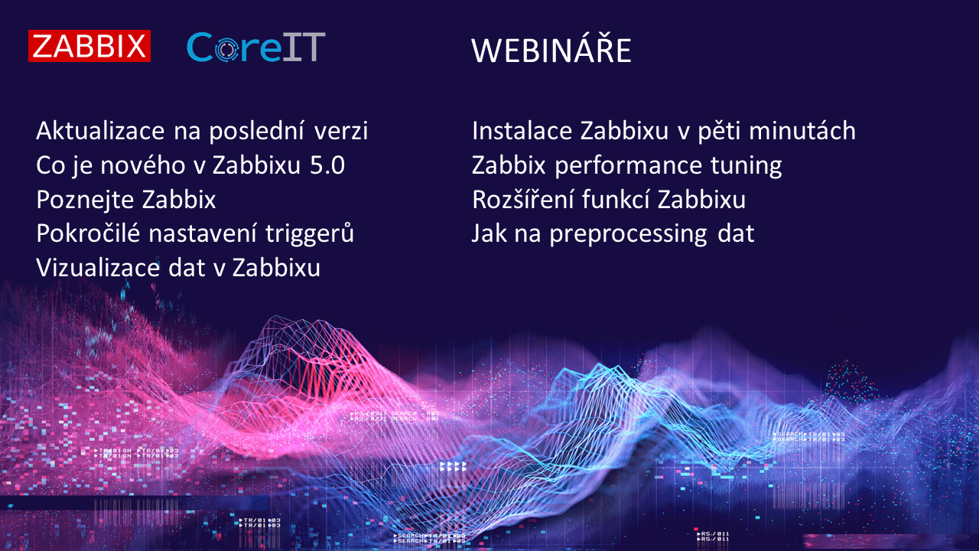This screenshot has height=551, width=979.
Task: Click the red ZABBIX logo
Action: [89, 46]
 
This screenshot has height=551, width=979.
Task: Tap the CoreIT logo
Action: [256, 47]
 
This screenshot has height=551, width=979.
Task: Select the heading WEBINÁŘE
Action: [551, 51]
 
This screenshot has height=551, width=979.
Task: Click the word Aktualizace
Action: [100, 131]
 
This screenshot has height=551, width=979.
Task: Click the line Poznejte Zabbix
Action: [126, 200]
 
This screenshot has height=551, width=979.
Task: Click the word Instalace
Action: [522, 131]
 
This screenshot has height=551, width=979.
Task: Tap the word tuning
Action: [746, 165]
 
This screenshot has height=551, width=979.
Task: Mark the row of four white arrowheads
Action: [453, 465]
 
